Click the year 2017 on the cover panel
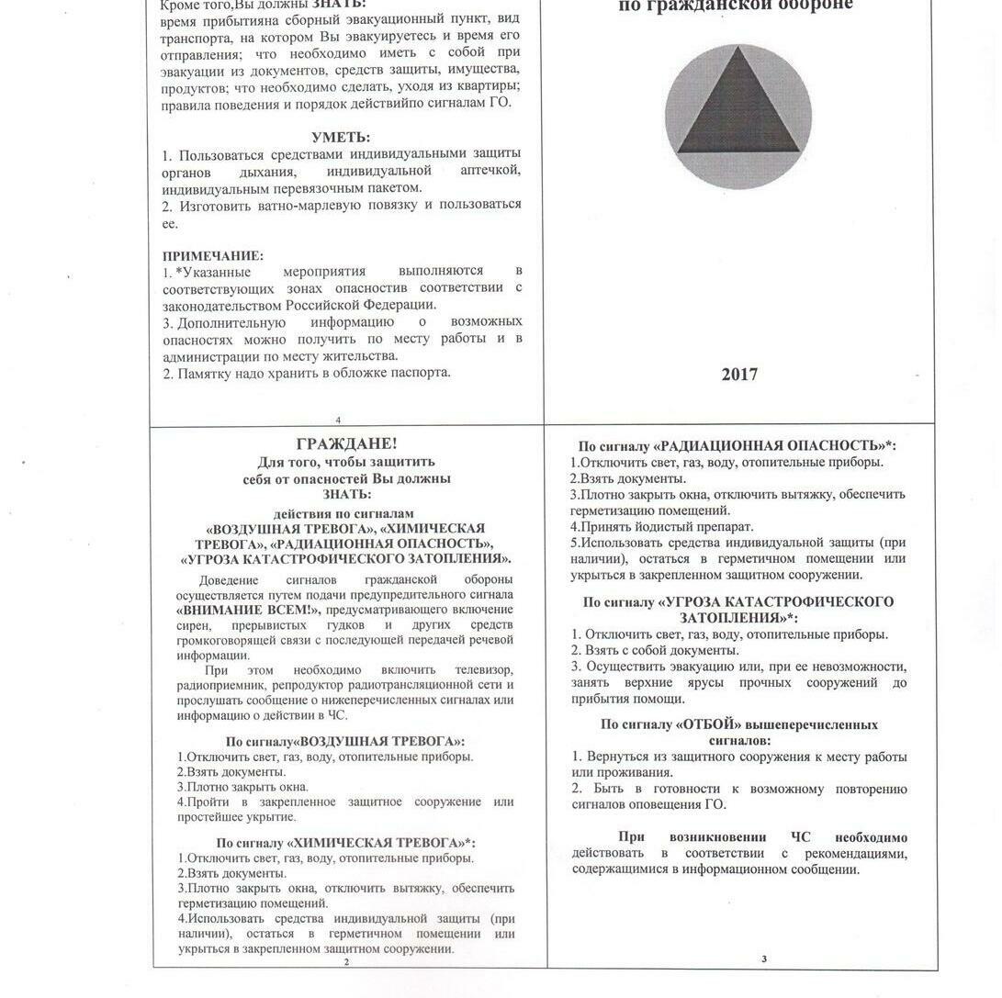point(739,375)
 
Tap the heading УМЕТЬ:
point(341,138)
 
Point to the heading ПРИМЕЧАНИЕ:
point(213,256)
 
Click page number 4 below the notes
point(338,421)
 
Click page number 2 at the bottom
point(346,962)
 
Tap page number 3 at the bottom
point(763,959)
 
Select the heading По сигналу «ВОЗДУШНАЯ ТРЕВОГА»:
point(345,741)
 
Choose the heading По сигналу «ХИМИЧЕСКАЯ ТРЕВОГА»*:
point(345,842)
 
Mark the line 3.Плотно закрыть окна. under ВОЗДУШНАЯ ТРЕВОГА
point(242,787)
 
